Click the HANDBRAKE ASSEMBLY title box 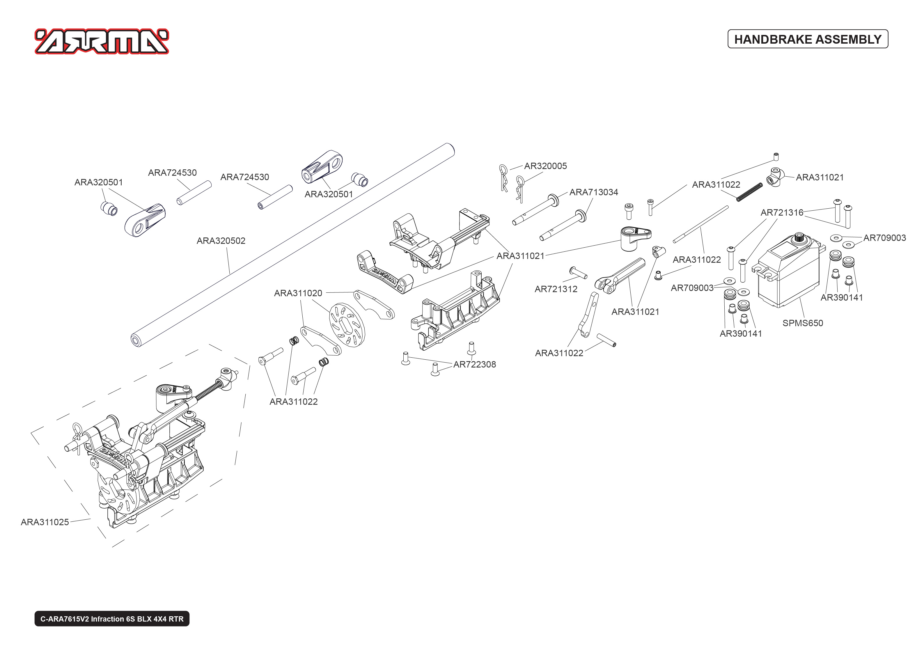(807, 39)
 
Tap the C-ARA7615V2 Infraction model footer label (112, 619)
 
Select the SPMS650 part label (802, 323)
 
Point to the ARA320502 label (221, 241)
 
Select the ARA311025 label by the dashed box (45, 522)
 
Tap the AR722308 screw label (474, 365)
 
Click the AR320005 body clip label (545, 166)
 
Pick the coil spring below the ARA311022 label (749, 192)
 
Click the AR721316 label (781, 212)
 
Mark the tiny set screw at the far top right (776, 157)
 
